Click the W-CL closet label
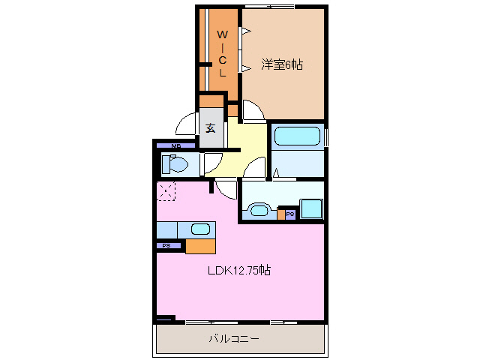click(222, 53)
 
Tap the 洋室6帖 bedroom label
click(282, 65)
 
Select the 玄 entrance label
click(211, 128)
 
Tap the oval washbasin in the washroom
click(260, 210)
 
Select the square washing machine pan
click(311, 208)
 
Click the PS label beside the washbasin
click(289, 214)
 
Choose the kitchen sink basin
click(200, 229)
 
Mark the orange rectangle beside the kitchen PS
click(200, 245)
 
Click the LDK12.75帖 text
click(239, 271)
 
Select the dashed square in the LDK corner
click(166, 192)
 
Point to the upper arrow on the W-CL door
click(244, 31)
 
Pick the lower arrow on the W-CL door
click(244, 70)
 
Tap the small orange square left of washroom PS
click(280, 215)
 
